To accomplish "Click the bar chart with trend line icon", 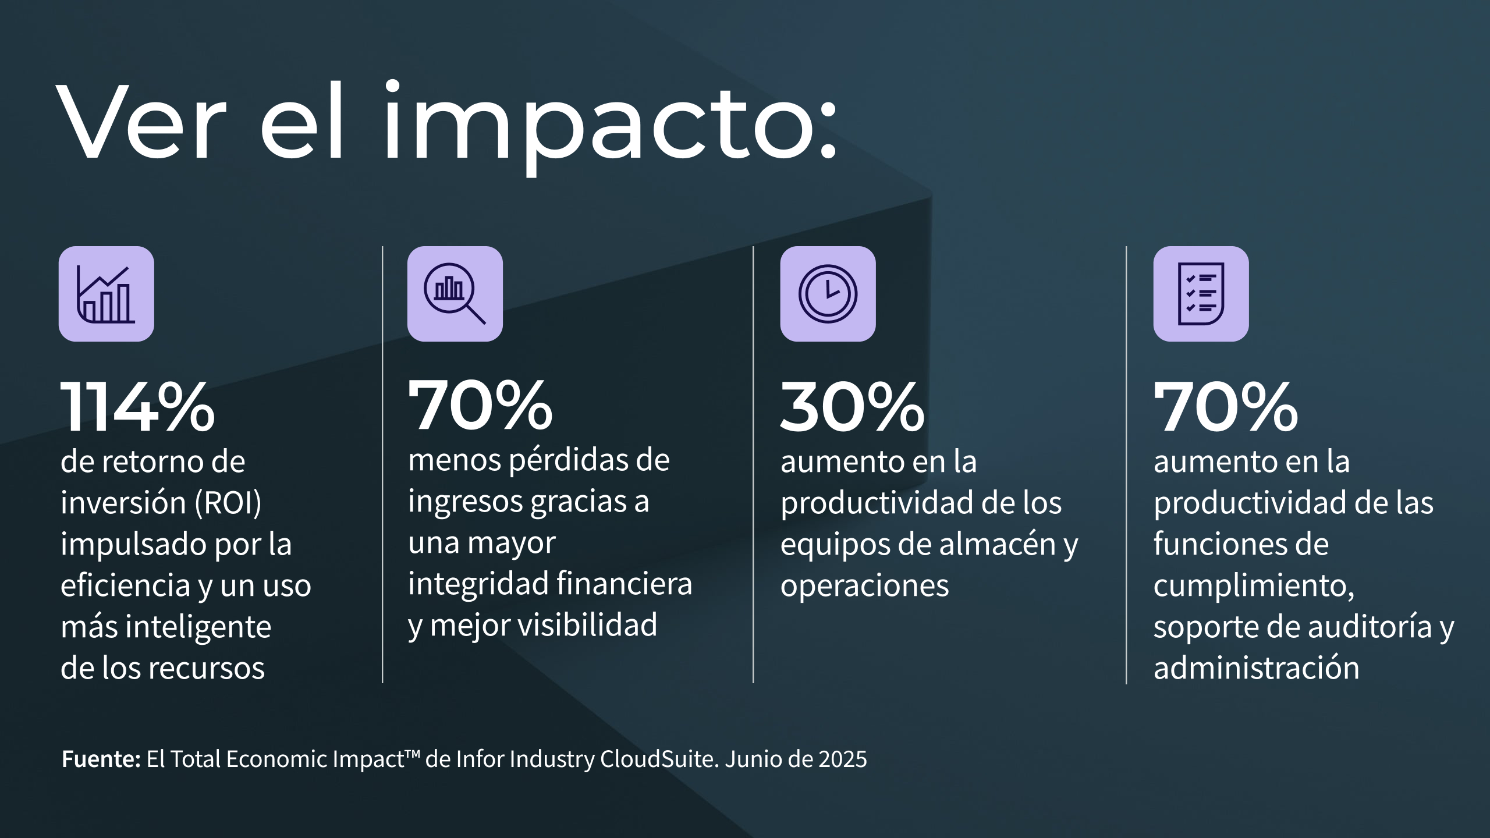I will click(x=107, y=294).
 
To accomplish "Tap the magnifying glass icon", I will click(x=455, y=294).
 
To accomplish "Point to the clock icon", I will click(x=828, y=294).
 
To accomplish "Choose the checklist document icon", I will click(x=1201, y=294).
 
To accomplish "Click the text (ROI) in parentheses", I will click(x=228, y=503).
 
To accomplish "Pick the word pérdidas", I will click(x=563, y=461).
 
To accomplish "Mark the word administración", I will click(x=1257, y=668).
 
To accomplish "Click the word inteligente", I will click(x=198, y=627).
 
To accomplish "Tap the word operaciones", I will click(x=864, y=585).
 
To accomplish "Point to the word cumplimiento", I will click(x=1253, y=585).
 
